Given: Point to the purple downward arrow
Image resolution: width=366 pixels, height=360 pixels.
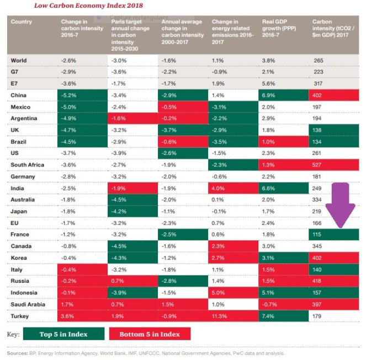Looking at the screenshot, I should point(337,207).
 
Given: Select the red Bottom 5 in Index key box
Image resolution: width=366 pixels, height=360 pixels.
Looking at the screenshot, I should point(150,334).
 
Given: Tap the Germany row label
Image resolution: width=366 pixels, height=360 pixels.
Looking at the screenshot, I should point(24,176).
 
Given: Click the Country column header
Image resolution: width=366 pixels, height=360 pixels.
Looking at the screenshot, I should point(22,22).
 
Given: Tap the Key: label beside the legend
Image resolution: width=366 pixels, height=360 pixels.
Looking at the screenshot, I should point(14,334).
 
